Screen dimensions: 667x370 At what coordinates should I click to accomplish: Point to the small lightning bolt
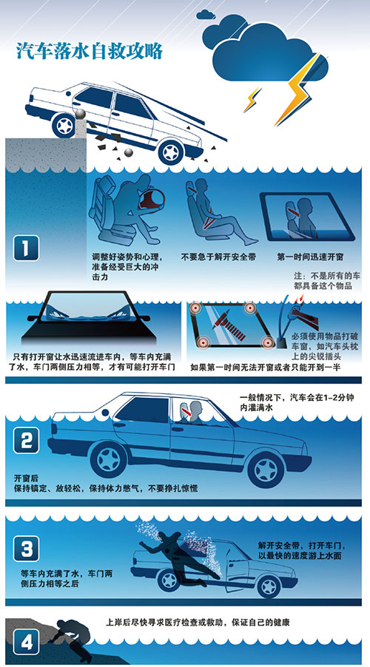click(252, 99)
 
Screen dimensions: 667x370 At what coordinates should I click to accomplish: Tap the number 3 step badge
click(27, 549)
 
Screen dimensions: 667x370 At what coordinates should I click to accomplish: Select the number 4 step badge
click(27, 641)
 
